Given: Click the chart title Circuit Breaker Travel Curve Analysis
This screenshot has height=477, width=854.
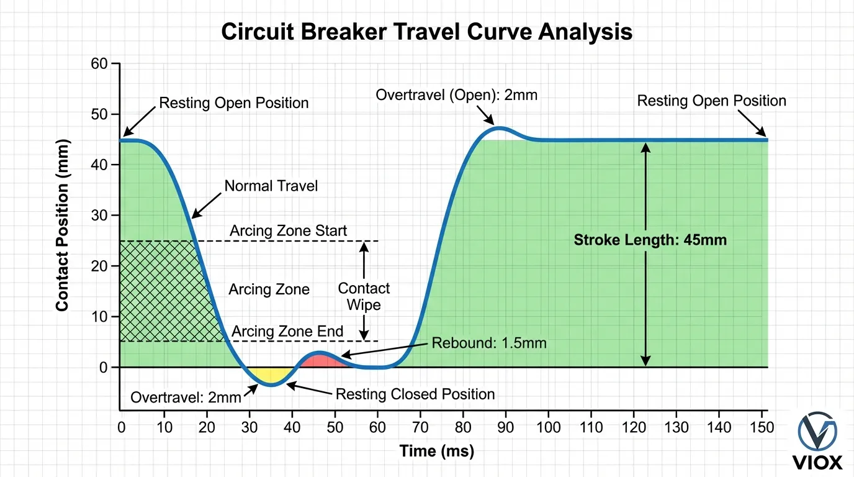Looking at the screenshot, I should pyautogui.click(x=427, y=31).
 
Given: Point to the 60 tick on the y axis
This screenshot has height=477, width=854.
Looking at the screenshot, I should pyautogui.click(x=99, y=64).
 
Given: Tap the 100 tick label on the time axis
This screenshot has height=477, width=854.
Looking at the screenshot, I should pyautogui.click(x=549, y=427).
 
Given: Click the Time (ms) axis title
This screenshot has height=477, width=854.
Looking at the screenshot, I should pyautogui.click(x=436, y=451).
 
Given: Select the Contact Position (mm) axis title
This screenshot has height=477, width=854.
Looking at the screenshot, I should pyautogui.click(x=62, y=225).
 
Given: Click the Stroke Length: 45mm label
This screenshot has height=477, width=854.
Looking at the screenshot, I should pyautogui.click(x=650, y=240).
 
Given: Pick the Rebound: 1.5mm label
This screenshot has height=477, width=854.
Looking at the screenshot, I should pyautogui.click(x=489, y=343).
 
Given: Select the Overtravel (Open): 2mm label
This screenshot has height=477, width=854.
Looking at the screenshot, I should pyautogui.click(x=456, y=96).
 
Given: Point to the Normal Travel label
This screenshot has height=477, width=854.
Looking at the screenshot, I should pyautogui.click(x=271, y=186).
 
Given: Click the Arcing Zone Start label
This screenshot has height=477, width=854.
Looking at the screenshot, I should pyautogui.click(x=289, y=231).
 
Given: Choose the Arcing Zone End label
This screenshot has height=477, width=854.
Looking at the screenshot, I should pyautogui.click(x=287, y=332).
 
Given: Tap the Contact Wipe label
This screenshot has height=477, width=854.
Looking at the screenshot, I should pyautogui.click(x=364, y=296).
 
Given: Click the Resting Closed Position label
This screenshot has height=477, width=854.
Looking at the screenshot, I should pyautogui.click(x=415, y=394).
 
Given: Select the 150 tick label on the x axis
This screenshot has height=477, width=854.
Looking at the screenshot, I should pyautogui.click(x=763, y=427).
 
